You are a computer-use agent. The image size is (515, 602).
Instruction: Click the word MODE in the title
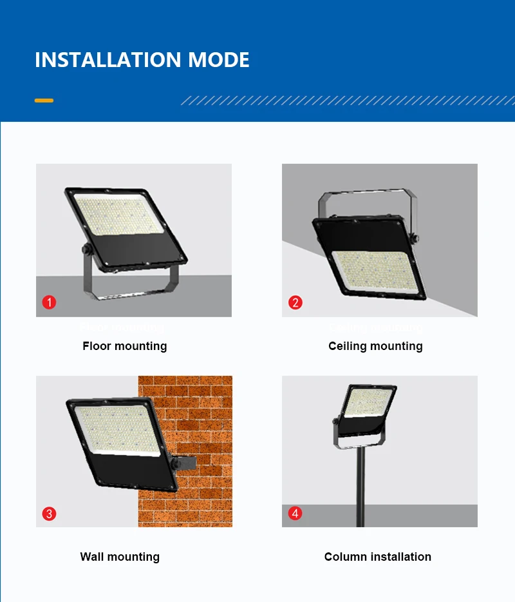coord(219,60)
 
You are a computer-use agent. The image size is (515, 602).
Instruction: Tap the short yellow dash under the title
coord(44,101)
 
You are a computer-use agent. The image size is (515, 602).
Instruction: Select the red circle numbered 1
coord(50,302)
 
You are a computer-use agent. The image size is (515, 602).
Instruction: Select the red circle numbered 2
coord(295,302)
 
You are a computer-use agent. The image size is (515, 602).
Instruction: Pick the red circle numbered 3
coord(50,514)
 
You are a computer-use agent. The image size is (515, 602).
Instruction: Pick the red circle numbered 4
coord(295,514)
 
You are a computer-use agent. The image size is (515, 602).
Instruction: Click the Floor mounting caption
coord(124,346)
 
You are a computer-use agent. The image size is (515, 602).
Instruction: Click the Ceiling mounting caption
coord(375,346)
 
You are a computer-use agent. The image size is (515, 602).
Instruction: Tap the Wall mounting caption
coord(120,557)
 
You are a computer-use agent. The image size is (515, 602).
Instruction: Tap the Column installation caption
coord(378,557)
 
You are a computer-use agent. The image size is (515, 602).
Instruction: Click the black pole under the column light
coord(360,490)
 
